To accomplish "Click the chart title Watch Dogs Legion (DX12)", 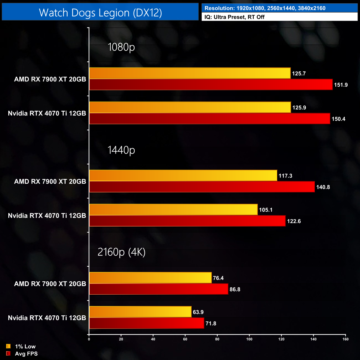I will pyautogui.click(x=100, y=13).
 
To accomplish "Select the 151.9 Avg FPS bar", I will pyautogui.click(x=210, y=84).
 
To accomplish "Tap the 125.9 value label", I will pyautogui.click(x=299, y=108).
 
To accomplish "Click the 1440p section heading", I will pyautogui.click(x=121, y=150).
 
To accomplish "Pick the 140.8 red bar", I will pyautogui.click(x=202, y=187).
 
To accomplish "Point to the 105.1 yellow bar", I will pyautogui.click(x=173, y=210).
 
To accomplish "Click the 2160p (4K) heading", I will pyautogui.click(x=121, y=252).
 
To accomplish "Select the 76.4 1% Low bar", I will pyautogui.click(x=150, y=278).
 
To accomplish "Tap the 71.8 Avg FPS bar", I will pyautogui.click(x=146, y=323).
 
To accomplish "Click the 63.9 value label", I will pyautogui.click(x=198, y=312).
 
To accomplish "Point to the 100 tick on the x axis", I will pyautogui.click(x=249, y=339).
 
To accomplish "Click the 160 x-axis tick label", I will pyautogui.click(x=345, y=339).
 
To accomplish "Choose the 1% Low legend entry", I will pyautogui.click(x=21, y=346).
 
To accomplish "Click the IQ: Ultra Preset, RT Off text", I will pyautogui.click(x=234, y=17).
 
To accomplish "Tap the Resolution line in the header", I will pyautogui.click(x=265, y=8).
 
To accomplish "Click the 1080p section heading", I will pyautogui.click(x=121, y=47).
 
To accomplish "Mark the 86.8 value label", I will pyautogui.click(x=235, y=289).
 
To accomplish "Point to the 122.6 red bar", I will pyautogui.click(x=187, y=221).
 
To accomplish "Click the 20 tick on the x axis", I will pyautogui.click(x=121, y=339).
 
